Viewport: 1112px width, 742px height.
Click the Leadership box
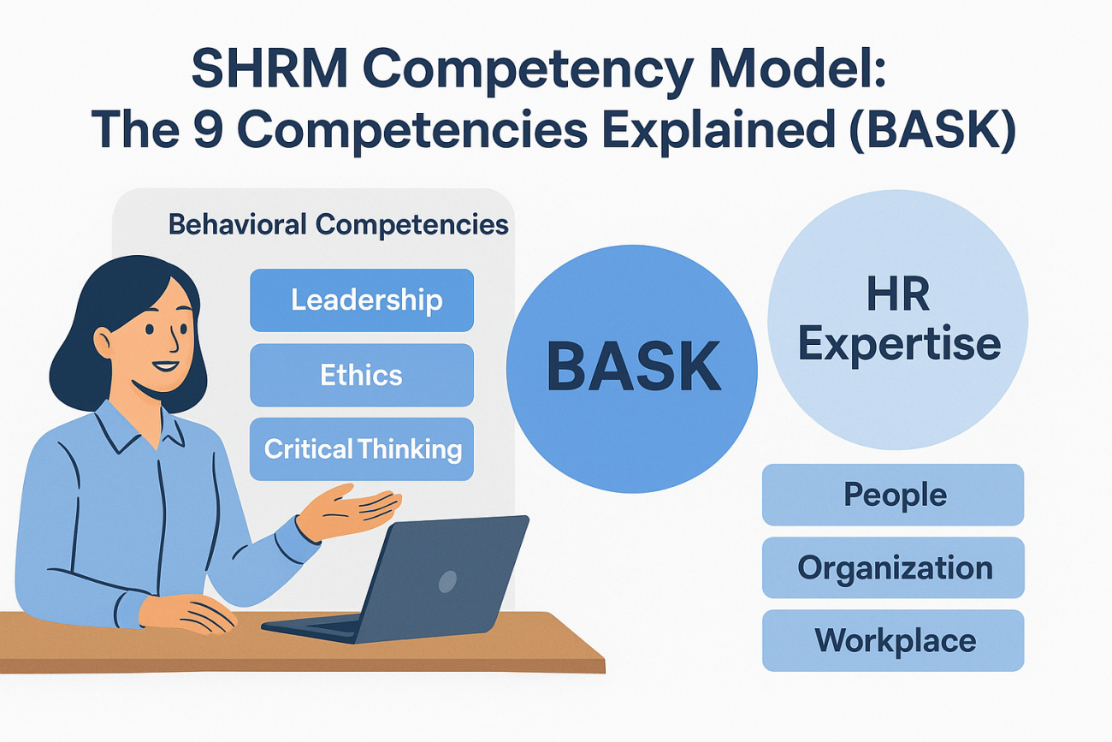tap(361, 300)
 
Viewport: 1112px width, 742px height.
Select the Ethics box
tap(361, 375)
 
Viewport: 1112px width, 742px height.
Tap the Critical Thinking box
tap(361, 449)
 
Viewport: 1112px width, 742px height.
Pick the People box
tap(893, 495)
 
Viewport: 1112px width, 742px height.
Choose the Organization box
tap(893, 567)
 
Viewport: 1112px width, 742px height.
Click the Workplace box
tap(893, 640)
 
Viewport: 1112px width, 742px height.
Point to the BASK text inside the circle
tap(632, 365)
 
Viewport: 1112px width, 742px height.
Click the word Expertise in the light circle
tap(898, 344)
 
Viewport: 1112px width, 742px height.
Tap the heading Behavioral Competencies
tap(338, 225)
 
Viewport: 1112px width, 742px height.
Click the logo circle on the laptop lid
tap(447, 582)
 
